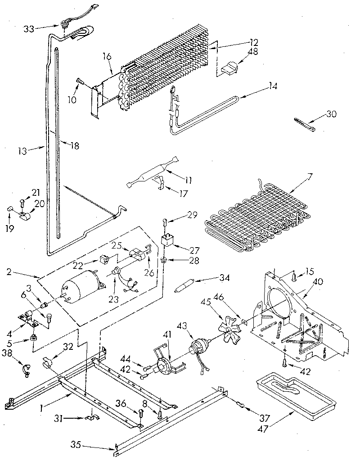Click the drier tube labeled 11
pyautogui.click(x=153, y=172)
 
